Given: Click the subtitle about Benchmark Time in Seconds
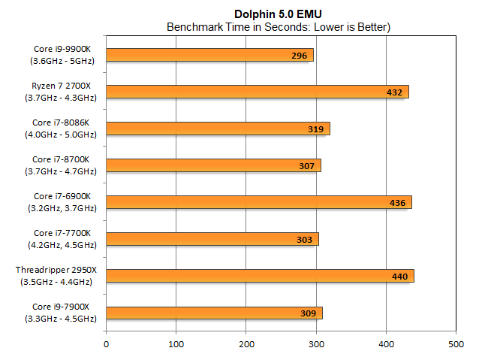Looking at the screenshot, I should pyautogui.click(x=280, y=27).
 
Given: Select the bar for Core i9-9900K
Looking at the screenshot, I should pyautogui.click(x=209, y=55).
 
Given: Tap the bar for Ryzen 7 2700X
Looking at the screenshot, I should pyautogui.click(x=257, y=92).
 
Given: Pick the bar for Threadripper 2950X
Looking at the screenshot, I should pyautogui.click(x=260, y=276).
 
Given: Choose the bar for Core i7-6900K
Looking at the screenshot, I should pyautogui.click(x=258, y=202).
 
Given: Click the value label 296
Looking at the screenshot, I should pyautogui.click(x=300, y=56).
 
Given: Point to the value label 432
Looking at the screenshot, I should pyautogui.click(x=395, y=92).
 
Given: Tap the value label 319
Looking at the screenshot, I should pyautogui.click(x=316, y=129).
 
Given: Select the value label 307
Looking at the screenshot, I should pyautogui.click(x=307, y=166).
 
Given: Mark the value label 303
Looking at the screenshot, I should pyautogui.click(x=305, y=240).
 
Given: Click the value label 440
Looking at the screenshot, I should pyautogui.click(x=400, y=277).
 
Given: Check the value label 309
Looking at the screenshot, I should pyautogui.click(x=309, y=313).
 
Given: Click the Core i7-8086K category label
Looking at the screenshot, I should pyautogui.click(x=63, y=129).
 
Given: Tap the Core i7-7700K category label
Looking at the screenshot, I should pyautogui.click(x=63, y=239).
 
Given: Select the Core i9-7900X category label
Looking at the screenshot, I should pyautogui.click(x=63, y=313).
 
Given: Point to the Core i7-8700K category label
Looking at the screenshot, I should pyautogui.click(x=63, y=165).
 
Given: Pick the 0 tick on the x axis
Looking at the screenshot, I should pyautogui.click(x=106, y=344).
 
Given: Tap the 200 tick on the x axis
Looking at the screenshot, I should pyautogui.click(x=246, y=344).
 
